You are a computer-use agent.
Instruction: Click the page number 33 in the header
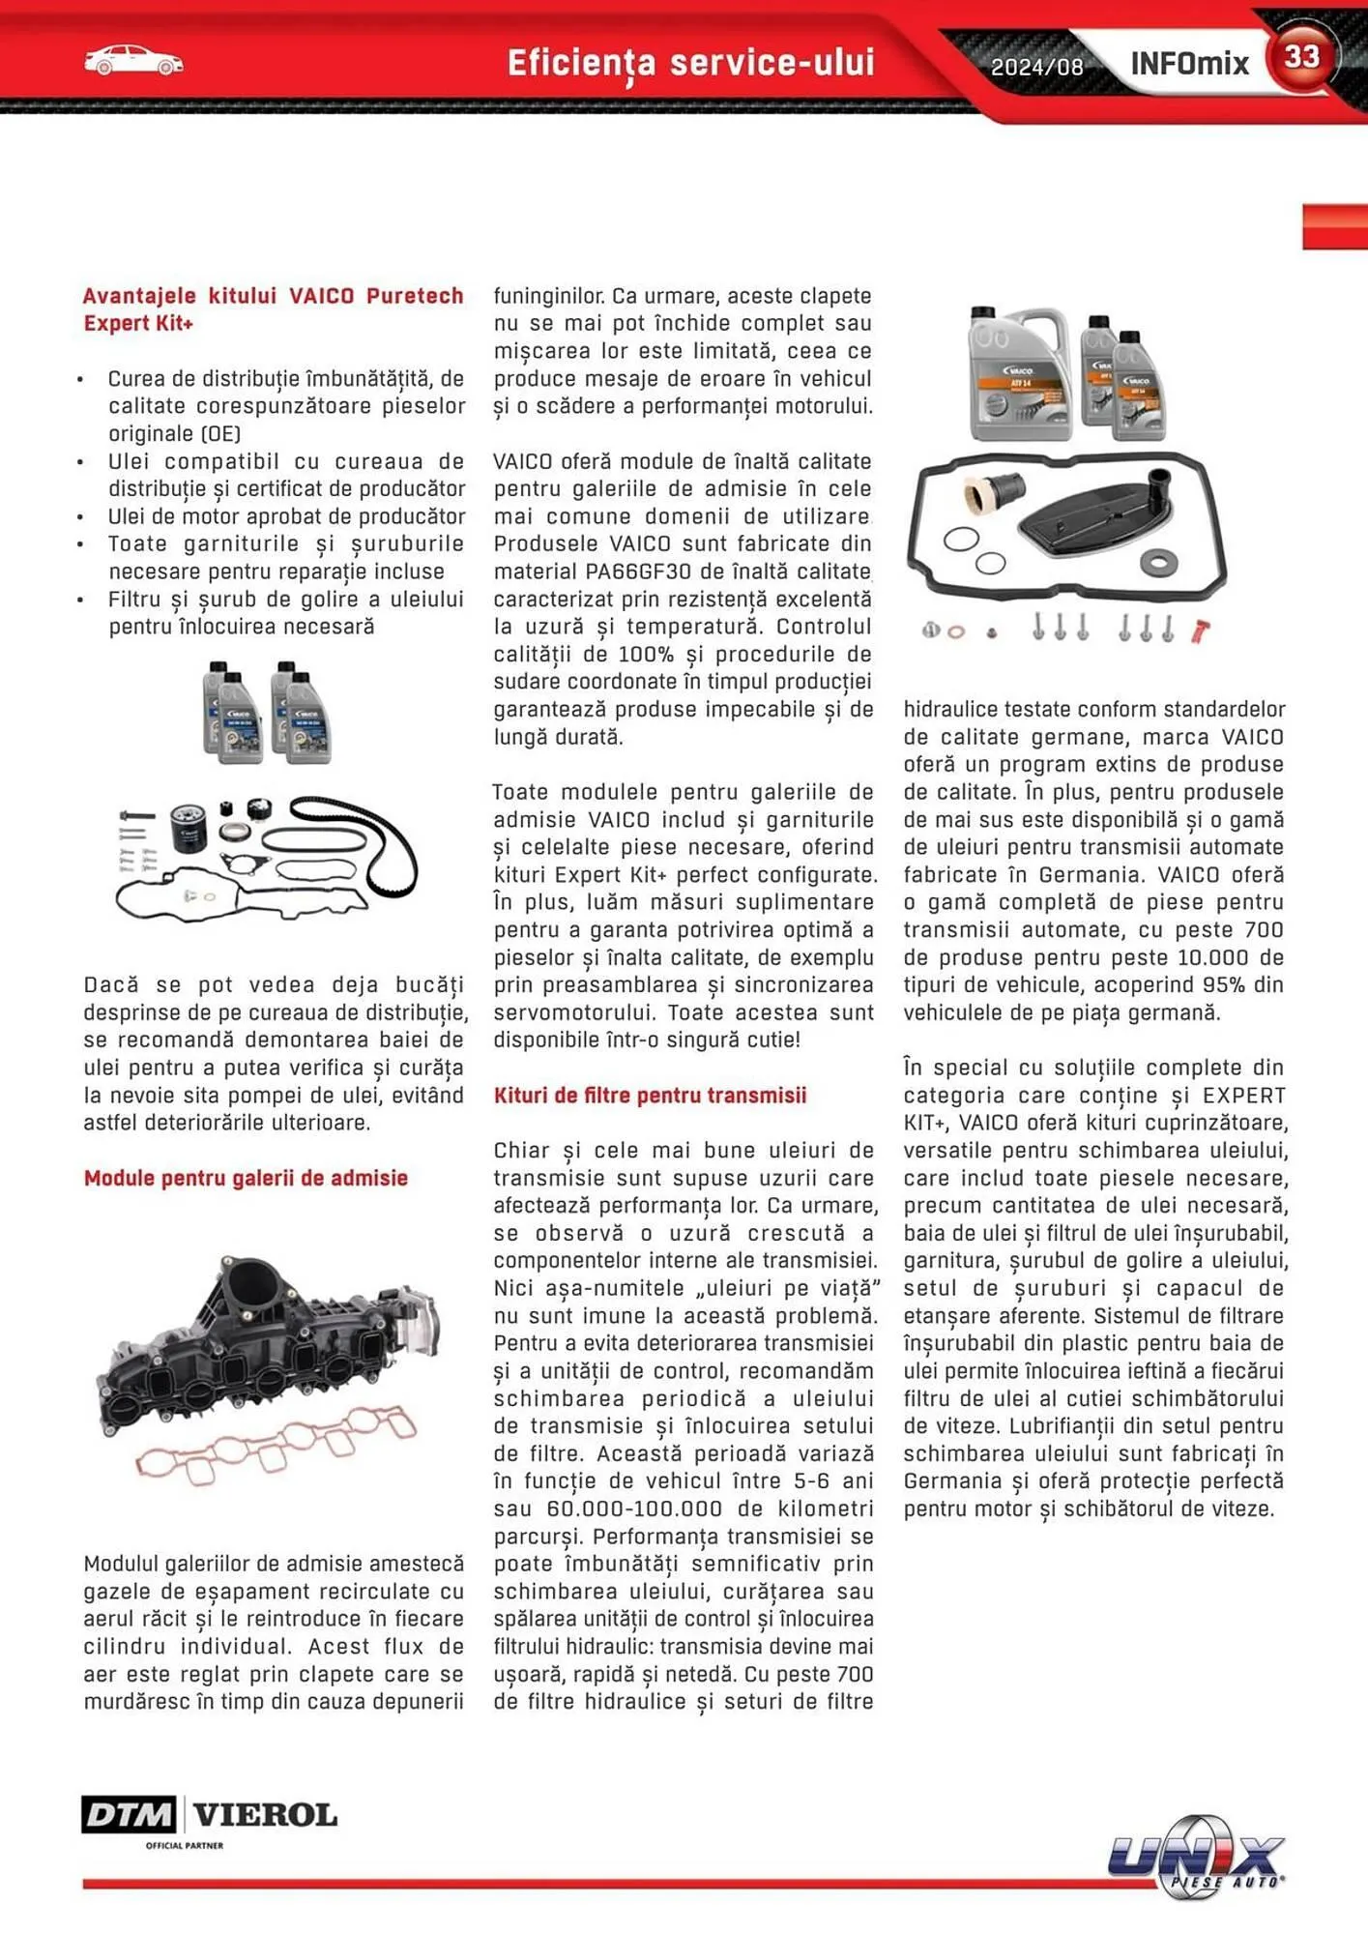pos(1301,56)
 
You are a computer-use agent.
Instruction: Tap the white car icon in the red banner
pos(133,61)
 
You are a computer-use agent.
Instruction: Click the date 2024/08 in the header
pos(1036,67)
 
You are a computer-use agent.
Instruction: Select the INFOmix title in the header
pos(1189,64)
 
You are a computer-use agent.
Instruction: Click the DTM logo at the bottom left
pos(129,1814)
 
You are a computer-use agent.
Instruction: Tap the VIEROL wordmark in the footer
pos(265,1814)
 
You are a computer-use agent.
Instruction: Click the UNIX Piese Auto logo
pos(1197,1858)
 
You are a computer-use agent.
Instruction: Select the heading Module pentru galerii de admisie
pos(246,1178)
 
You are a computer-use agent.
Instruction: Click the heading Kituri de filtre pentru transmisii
pos(650,1096)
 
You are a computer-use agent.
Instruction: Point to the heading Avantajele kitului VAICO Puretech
pos(273,296)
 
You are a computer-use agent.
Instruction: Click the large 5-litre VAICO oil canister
pos(1018,375)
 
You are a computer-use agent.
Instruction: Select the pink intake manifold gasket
pos(276,1441)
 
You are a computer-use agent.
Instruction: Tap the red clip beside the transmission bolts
pos(1200,631)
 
